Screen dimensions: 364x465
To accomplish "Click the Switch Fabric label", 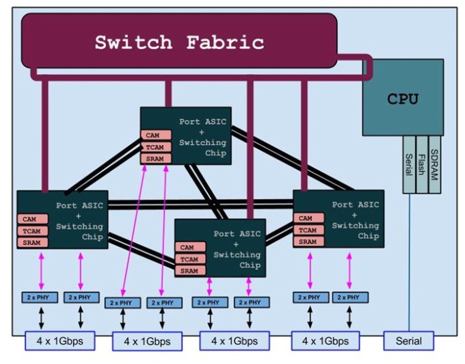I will point(179,42).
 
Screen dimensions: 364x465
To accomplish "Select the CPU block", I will point(402,98).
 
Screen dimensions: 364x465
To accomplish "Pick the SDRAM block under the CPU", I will point(434,164).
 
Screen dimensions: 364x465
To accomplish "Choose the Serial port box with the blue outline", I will point(408,340).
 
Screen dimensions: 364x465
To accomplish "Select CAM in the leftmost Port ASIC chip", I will point(30,220).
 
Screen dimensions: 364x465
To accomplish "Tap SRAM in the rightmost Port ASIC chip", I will point(307,242).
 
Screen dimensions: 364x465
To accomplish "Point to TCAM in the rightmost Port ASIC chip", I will point(307,231).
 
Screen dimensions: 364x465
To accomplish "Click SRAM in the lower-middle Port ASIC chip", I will point(187,271).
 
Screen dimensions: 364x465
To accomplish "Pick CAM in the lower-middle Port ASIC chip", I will point(187,248).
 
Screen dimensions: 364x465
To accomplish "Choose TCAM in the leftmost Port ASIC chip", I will point(30,231).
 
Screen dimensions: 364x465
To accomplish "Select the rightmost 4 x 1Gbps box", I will point(321,340).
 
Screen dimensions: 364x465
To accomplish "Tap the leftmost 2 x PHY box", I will point(39,298).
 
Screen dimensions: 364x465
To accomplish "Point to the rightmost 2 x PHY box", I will point(350,298).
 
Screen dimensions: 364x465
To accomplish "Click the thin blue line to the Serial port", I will point(409,274).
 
